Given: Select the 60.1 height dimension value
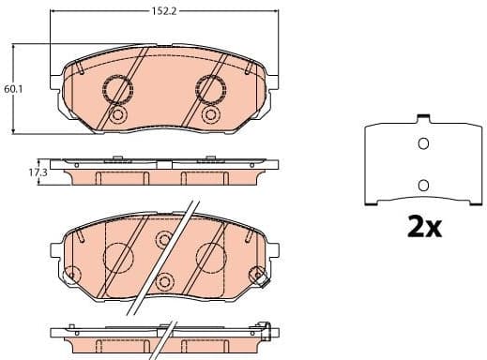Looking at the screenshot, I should tap(12, 89).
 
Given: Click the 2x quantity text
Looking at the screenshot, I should tap(422, 226).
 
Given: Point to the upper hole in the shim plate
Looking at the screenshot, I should tap(422, 143).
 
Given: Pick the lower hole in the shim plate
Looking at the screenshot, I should tap(422, 185).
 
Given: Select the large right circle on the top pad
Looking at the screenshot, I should tap(208, 89).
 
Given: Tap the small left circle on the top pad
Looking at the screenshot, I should tap(118, 115).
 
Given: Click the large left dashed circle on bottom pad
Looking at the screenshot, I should tap(119, 255).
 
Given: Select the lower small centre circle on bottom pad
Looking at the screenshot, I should tap(164, 282).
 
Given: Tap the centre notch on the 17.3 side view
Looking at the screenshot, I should tap(162, 165).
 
